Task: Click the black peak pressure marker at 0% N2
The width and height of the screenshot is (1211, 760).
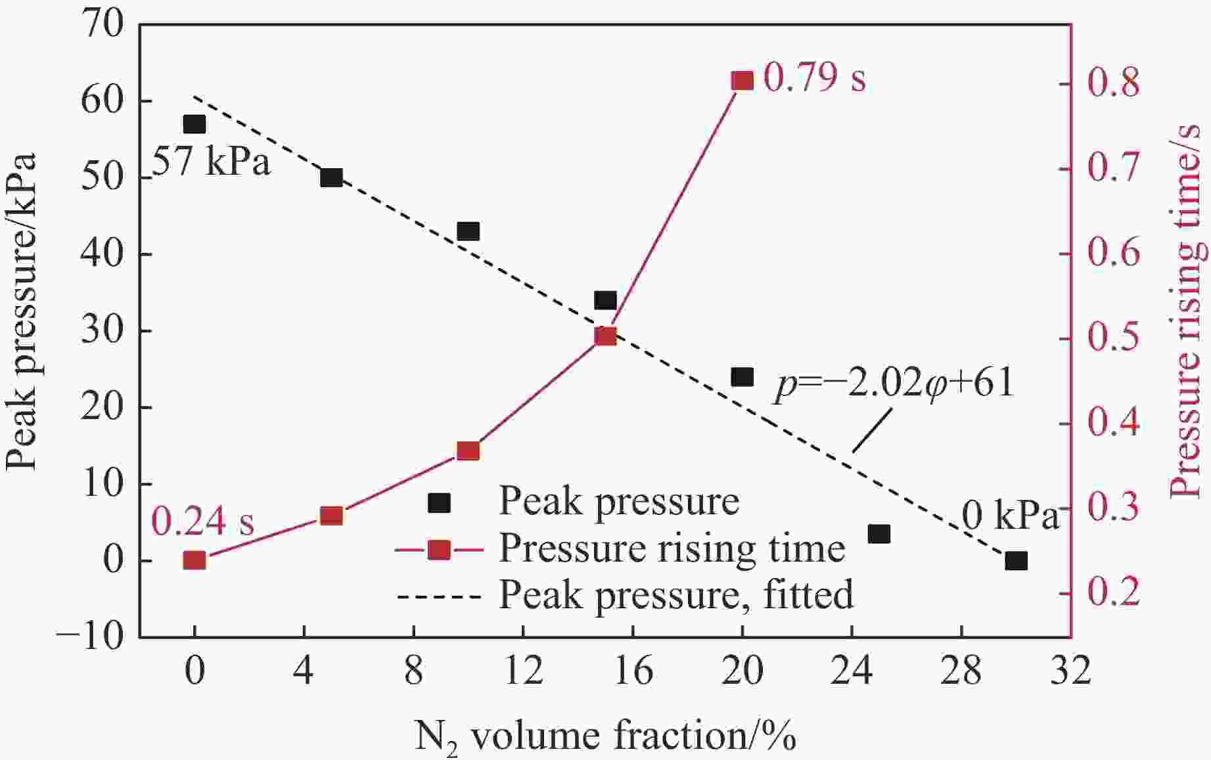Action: tap(194, 124)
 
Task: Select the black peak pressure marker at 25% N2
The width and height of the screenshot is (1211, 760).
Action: tap(879, 534)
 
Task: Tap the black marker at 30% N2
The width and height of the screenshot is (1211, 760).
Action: tap(1016, 561)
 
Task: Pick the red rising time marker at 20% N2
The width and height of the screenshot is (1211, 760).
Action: tap(743, 81)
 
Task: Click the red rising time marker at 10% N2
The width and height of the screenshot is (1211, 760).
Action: tap(468, 451)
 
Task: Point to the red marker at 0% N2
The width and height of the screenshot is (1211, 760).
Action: tap(194, 560)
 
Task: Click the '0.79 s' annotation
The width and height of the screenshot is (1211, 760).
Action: tap(815, 78)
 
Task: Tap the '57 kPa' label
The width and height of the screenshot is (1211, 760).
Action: tap(211, 162)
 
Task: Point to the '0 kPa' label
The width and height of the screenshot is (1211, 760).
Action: tap(1011, 517)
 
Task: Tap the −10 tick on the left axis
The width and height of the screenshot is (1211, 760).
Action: tap(90, 637)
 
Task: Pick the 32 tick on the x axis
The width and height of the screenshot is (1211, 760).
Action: tap(1070, 672)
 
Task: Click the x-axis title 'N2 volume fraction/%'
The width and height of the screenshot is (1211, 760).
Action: tap(605, 736)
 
